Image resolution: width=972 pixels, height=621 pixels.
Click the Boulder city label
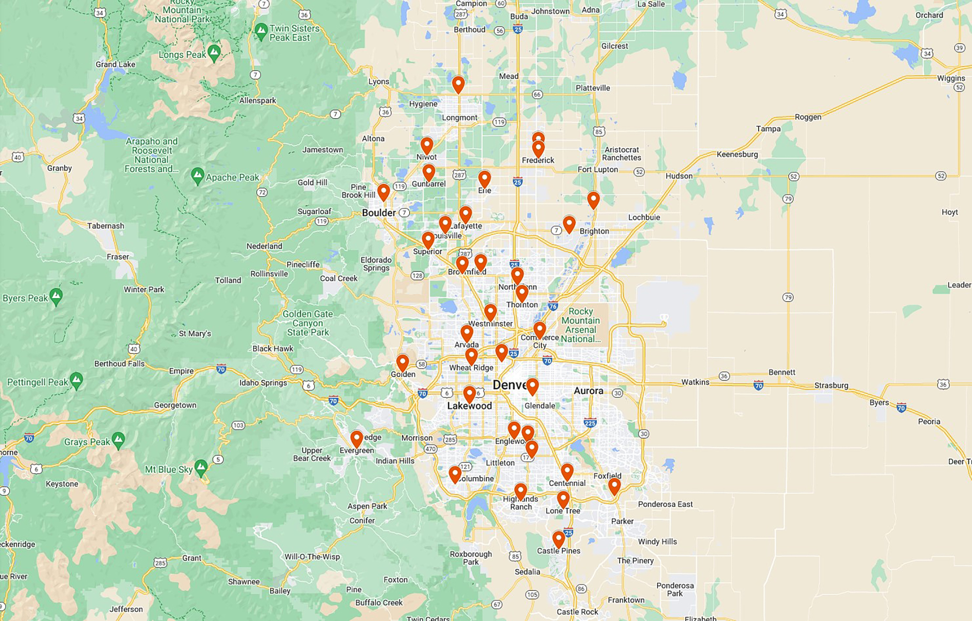click(x=379, y=213)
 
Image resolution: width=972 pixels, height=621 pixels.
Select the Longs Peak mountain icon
click(x=214, y=53)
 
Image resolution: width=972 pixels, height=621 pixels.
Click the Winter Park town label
click(x=144, y=289)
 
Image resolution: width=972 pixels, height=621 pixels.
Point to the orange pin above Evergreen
click(x=357, y=439)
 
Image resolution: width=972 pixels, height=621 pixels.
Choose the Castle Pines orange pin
click(x=558, y=539)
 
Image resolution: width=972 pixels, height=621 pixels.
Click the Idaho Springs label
click(x=263, y=383)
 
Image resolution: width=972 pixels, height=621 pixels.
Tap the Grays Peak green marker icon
click(x=118, y=440)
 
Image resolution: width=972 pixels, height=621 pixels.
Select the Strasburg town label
click(x=831, y=385)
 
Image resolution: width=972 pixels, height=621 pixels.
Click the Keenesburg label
click(x=737, y=154)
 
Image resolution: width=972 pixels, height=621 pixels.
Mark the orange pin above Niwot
click(x=427, y=145)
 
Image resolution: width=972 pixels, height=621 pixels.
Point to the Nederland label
click(x=264, y=246)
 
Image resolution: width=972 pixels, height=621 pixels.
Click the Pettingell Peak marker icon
click(x=76, y=380)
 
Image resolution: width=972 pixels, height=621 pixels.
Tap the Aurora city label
click(x=588, y=390)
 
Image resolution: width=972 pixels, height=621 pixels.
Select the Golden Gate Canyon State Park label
click(x=308, y=323)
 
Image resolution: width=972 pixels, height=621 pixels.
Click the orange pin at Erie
click(x=485, y=178)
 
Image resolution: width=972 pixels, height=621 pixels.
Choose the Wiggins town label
click(x=951, y=78)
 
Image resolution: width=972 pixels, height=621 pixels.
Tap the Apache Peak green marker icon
click(x=197, y=176)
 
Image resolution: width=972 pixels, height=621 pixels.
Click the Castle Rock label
click(x=577, y=612)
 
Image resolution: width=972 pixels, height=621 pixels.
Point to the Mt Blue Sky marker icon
click(x=201, y=468)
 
